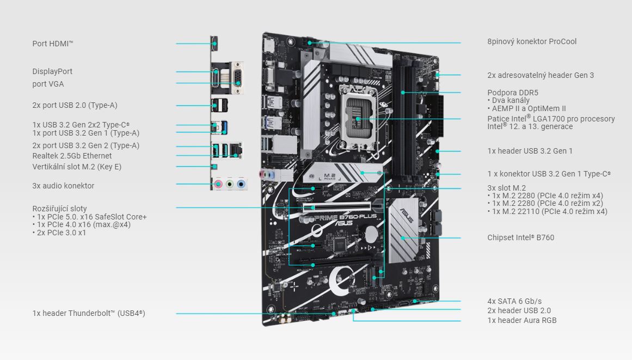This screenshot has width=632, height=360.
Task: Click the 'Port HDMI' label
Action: [53, 44]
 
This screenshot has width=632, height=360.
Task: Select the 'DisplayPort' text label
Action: [52, 71]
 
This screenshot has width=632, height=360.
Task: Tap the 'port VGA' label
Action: [48, 84]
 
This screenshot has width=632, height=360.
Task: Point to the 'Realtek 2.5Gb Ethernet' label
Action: [72, 156]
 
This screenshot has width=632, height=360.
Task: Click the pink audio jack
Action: [218, 184]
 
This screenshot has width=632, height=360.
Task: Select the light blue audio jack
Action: [241, 184]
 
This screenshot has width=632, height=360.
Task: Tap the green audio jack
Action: [230, 184]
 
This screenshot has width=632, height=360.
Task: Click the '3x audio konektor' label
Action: [63, 186]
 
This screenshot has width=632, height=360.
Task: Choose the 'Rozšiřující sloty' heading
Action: [59, 209]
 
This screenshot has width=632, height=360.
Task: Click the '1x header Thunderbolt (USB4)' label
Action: [88, 313]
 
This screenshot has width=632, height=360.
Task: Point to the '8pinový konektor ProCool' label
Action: [531, 41]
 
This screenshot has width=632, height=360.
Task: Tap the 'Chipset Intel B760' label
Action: [520, 237]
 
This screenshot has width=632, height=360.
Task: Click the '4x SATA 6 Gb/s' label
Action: [514, 301]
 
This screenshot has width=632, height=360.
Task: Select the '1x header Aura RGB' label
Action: [521, 320]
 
